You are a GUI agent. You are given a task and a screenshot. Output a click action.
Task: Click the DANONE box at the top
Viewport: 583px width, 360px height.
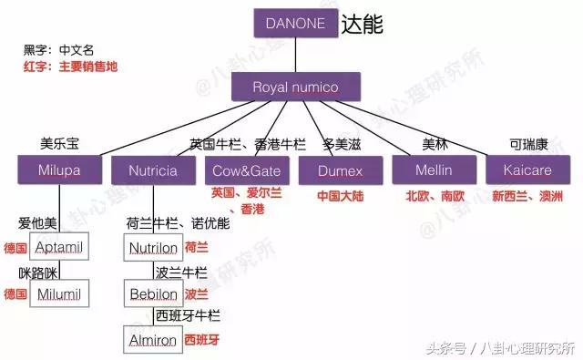(294, 24)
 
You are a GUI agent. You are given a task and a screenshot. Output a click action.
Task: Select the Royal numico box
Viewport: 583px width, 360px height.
(294, 87)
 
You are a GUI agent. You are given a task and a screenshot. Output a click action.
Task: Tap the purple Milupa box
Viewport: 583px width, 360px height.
(60, 170)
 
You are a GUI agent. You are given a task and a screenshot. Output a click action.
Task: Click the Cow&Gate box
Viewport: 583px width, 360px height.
(247, 170)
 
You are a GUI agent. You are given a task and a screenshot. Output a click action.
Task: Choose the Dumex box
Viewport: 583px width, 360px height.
(342, 170)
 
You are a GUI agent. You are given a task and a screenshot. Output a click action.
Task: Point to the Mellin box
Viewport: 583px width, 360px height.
(434, 170)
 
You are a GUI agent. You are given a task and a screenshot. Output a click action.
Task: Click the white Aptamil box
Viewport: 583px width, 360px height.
(59, 247)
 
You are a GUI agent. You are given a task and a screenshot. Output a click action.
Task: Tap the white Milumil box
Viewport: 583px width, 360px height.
(59, 293)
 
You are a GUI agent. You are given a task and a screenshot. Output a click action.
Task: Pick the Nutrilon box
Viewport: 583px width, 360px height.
(153, 247)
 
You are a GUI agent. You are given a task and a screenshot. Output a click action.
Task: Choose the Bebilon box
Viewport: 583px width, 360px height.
(153, 293)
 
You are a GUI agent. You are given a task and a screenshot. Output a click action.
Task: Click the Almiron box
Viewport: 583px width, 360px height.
(153, 340)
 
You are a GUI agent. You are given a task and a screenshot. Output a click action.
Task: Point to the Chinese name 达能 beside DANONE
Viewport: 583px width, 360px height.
(363, 25)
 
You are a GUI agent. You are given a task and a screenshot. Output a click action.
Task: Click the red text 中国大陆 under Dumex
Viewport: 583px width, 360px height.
(341, 196)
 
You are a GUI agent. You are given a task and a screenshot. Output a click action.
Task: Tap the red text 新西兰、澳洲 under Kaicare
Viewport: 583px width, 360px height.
(527, 196)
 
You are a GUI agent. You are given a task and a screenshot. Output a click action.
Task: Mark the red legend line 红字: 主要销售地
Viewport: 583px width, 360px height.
(73, 67)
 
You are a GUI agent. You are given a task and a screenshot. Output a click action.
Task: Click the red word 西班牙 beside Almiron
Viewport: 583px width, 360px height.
(202, 339)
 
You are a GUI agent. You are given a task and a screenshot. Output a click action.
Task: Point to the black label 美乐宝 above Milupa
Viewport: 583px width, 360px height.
(59, 144)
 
